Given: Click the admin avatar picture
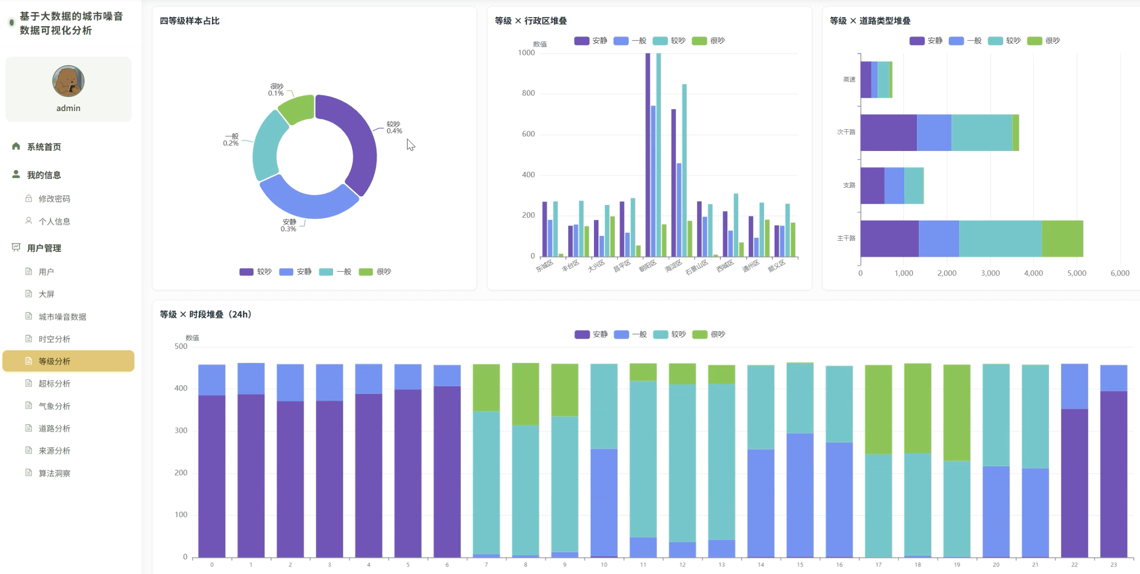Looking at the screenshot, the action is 68,81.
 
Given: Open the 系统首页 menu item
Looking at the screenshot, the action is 44,147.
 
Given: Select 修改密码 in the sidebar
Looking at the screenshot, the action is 55,199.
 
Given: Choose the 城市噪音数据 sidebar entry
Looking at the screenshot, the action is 63,317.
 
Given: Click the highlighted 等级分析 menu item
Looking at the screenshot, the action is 69,361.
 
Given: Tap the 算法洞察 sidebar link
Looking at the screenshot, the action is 55,474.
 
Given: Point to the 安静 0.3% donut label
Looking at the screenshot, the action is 289,226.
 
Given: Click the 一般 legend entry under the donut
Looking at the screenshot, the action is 336,272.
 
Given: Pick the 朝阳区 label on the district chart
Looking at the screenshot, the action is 647,266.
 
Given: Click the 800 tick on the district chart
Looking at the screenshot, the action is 528,93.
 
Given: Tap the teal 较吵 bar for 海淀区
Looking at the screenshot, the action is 684,171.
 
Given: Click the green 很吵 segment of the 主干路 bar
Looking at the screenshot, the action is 1062,239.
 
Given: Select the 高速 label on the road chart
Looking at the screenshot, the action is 849,79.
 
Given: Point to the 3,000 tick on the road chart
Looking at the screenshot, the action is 990,273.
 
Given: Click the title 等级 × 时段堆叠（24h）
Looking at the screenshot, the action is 205,315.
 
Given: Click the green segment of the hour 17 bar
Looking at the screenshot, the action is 879,410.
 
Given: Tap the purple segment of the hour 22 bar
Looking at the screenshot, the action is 1074,483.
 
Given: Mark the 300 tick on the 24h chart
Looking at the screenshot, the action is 181,431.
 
